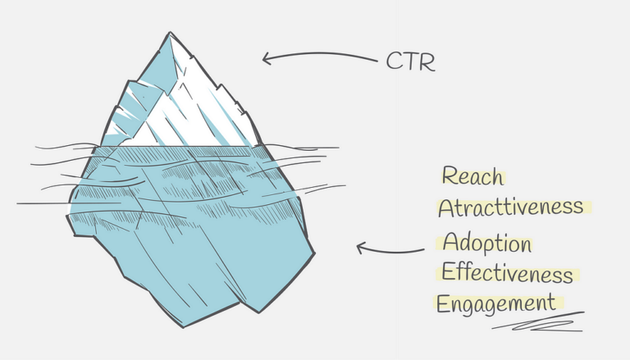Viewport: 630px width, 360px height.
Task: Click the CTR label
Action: point(410,62)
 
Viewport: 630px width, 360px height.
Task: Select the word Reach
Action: point(472,175)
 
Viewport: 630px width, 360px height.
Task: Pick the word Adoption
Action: point(486,244)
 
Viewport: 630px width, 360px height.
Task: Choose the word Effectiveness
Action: point(507,273)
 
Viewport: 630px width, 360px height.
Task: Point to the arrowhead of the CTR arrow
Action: point(264,58)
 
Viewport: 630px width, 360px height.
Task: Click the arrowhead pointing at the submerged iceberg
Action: point(358,246)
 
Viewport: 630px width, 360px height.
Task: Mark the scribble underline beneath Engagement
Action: point(537,321)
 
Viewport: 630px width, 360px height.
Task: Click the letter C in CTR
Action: point(394,62)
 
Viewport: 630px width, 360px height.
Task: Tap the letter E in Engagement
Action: point(443,303)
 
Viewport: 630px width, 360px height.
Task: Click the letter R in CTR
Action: point(427,62)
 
